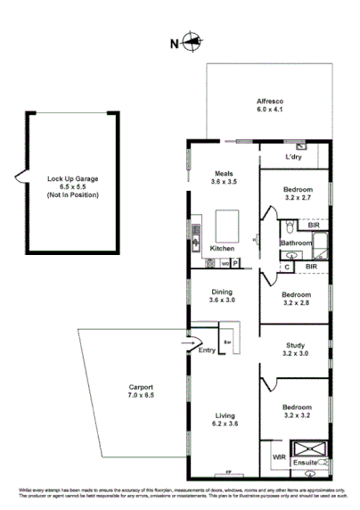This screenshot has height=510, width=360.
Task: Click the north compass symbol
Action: coord(194,40)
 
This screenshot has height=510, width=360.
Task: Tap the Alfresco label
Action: coord(270,103)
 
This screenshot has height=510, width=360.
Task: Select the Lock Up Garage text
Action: coord(73,178)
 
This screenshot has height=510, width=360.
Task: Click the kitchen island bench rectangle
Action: coord(226,221)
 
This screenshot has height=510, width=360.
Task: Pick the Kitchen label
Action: coord(222,248)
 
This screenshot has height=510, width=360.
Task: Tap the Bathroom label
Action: coord(295,243)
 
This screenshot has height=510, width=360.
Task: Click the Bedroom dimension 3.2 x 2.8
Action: coord(296,304)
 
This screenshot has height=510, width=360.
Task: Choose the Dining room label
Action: coord(223,292)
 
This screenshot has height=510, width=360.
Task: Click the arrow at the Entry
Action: coord(187,341)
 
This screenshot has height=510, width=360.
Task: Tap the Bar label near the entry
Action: coord(227,342)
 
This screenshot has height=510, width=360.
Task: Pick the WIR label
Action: coord(278,457)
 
